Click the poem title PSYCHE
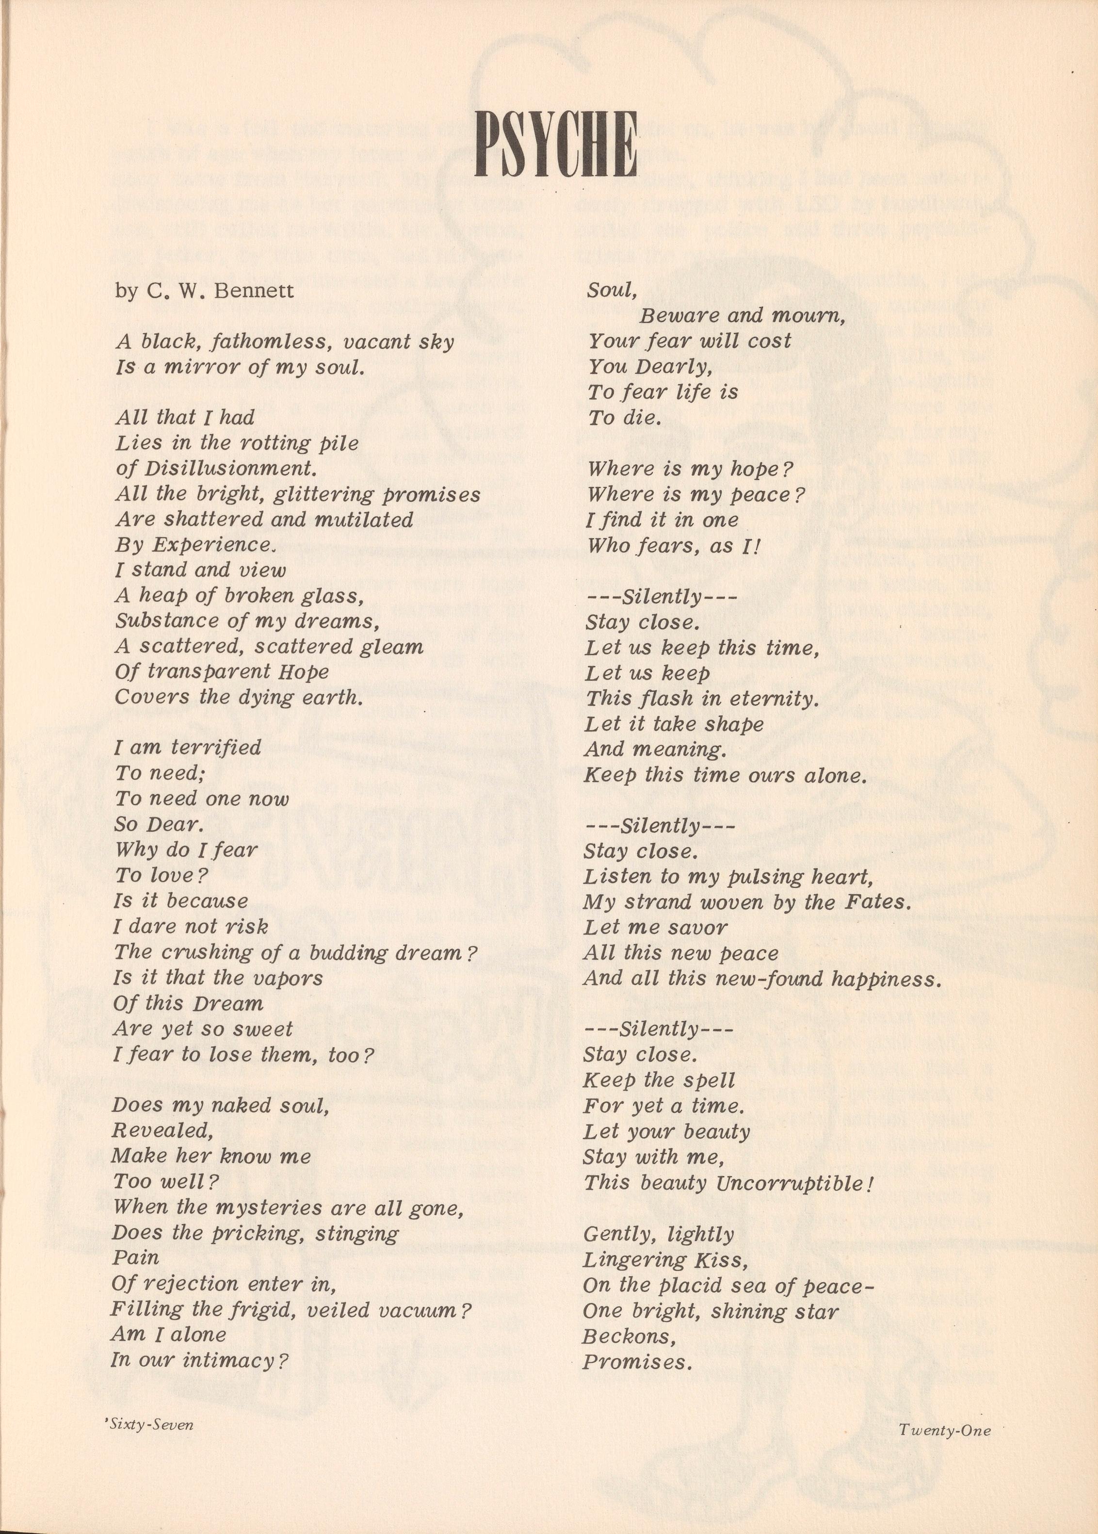pos(556,144)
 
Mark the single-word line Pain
pos(136,1257)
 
